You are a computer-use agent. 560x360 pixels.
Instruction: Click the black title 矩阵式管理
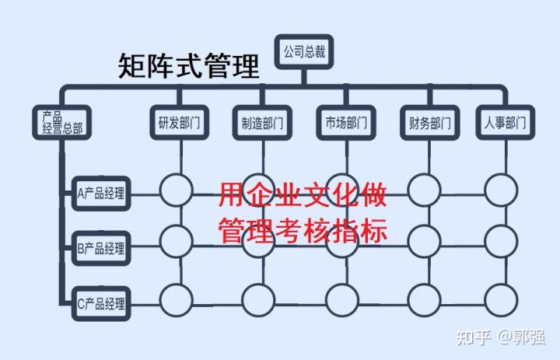(x=189, y=67)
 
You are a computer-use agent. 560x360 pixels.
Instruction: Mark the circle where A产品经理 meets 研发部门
(x=176, y=190)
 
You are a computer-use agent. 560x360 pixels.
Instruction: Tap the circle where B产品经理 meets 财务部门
(x=425, y=239)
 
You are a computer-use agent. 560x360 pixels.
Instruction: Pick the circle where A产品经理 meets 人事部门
(x=500, y=190)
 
